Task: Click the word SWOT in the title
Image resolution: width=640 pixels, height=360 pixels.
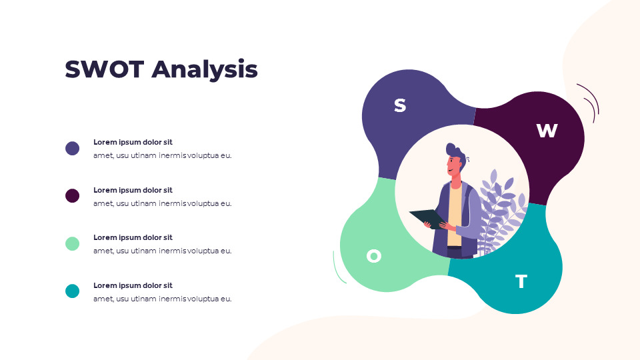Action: click(x=105, y=69)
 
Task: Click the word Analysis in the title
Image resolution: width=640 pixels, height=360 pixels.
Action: click(x=205, y=70)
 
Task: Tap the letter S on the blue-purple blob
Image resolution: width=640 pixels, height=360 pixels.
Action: click(x=400, y=105)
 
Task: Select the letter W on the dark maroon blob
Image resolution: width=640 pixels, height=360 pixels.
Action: click(x=547, y=131)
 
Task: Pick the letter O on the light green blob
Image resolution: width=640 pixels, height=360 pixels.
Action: click(x=374, y=256)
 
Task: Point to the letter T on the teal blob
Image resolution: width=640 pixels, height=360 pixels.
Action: click(x=521, y=281)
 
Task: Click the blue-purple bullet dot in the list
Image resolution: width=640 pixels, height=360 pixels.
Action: click(x=72, y=148)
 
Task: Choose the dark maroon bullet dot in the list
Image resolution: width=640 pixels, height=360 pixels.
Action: click(x=72, y=196)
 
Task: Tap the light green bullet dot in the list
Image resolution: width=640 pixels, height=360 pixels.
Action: click(x=72, y=244)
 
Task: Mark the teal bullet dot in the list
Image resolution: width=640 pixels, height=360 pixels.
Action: click(x=72, y=291)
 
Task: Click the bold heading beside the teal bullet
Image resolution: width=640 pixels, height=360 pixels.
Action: click(x=133, y=286)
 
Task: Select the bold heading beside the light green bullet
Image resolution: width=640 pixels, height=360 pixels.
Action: click(x=133, y=237)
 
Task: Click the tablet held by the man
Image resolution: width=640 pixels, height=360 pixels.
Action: click(x=428, y=219)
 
